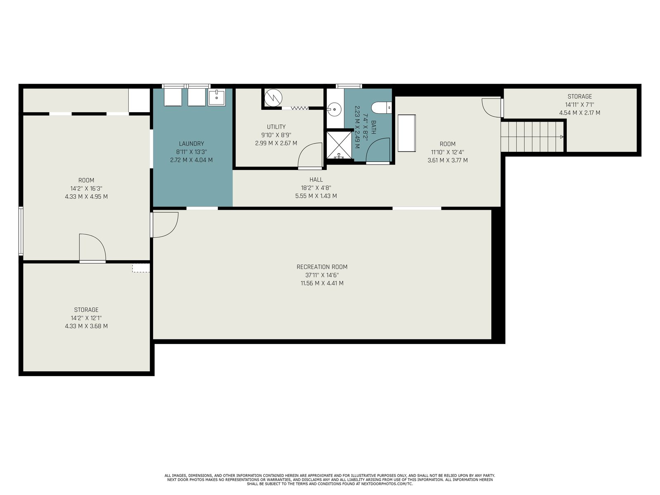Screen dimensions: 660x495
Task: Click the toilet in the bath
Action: [x=381, y=108]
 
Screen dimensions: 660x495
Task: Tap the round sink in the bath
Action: [x=334, y=109]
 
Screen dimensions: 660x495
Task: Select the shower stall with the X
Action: [x=339, y=145]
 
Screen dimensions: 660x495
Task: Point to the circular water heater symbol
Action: [x=273, y=98]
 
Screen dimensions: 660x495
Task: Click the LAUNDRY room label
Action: [x=191, y=144]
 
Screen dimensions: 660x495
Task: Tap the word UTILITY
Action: [x=276, y=127]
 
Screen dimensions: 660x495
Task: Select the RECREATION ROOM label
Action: [x=322, y=267]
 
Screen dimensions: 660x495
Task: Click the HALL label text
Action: [x=316, y=180]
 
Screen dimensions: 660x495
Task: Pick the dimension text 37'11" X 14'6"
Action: [x=322, y=275]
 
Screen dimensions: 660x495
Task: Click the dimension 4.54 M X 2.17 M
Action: [x=580, y=113]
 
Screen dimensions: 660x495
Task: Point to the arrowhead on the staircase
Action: [x=561, y=137]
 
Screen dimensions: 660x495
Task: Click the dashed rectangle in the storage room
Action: [x=141, y=268]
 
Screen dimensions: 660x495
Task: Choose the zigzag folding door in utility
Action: [x=299, y=108]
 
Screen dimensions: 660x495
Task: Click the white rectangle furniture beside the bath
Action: [x=407, y=133]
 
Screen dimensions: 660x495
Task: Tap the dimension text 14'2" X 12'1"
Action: [x=86, y=318]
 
